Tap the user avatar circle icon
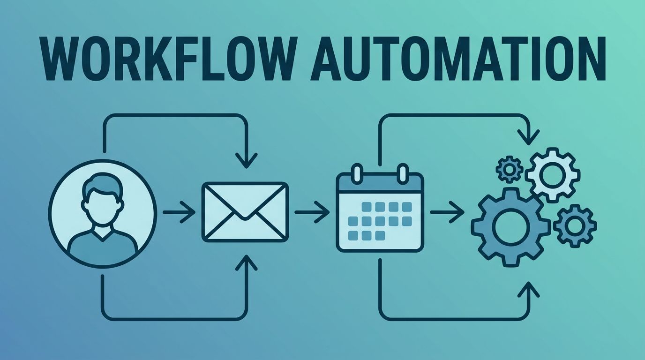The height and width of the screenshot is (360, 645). tap(102, 214)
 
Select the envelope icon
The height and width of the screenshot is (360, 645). tap(245, 212)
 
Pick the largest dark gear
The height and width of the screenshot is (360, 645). tap(511, 227)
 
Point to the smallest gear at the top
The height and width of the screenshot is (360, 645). tap(509, 170)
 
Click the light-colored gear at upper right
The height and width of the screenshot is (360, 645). tap(552, 174)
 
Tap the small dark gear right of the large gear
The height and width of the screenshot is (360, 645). tap(575, 225)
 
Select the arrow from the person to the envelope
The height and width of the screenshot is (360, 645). tap(179, 212)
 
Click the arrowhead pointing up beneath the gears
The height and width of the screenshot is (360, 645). tap(529, 289)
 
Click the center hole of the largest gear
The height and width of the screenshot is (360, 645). tap(511, 227)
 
